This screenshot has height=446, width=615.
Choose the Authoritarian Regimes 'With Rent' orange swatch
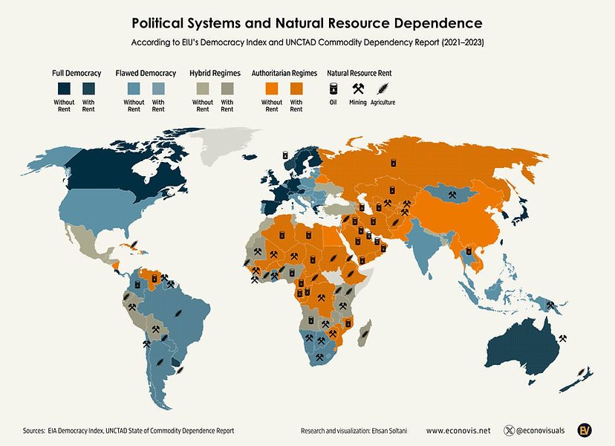point(296,87)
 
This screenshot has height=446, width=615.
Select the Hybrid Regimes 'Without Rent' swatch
point(203,87)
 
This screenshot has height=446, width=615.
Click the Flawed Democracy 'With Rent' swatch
point(158,87)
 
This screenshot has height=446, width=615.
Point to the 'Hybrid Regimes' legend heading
point(215,73)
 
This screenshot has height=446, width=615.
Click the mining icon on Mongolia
point(452,195)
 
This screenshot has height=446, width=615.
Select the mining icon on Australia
point(562,338)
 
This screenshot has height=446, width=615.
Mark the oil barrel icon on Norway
point(285,155)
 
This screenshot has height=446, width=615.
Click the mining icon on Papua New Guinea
point(550,304)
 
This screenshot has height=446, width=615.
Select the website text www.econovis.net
point(458,430)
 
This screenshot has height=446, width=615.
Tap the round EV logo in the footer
point(585,430)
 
